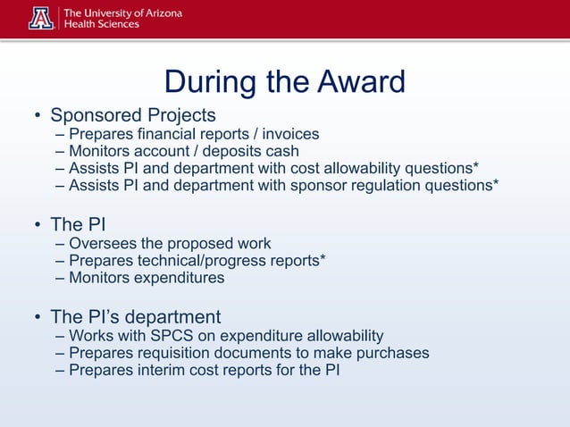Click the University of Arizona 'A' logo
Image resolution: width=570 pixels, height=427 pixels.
tap(41, 18)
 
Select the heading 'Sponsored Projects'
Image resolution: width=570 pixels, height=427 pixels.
tap(133, 115)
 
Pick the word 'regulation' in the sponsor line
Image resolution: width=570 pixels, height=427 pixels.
tap(352, 185)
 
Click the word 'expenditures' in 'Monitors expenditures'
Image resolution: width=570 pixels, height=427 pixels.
tap(178, 277)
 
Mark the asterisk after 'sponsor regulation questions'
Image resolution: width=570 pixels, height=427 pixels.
tap(495, 183)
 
